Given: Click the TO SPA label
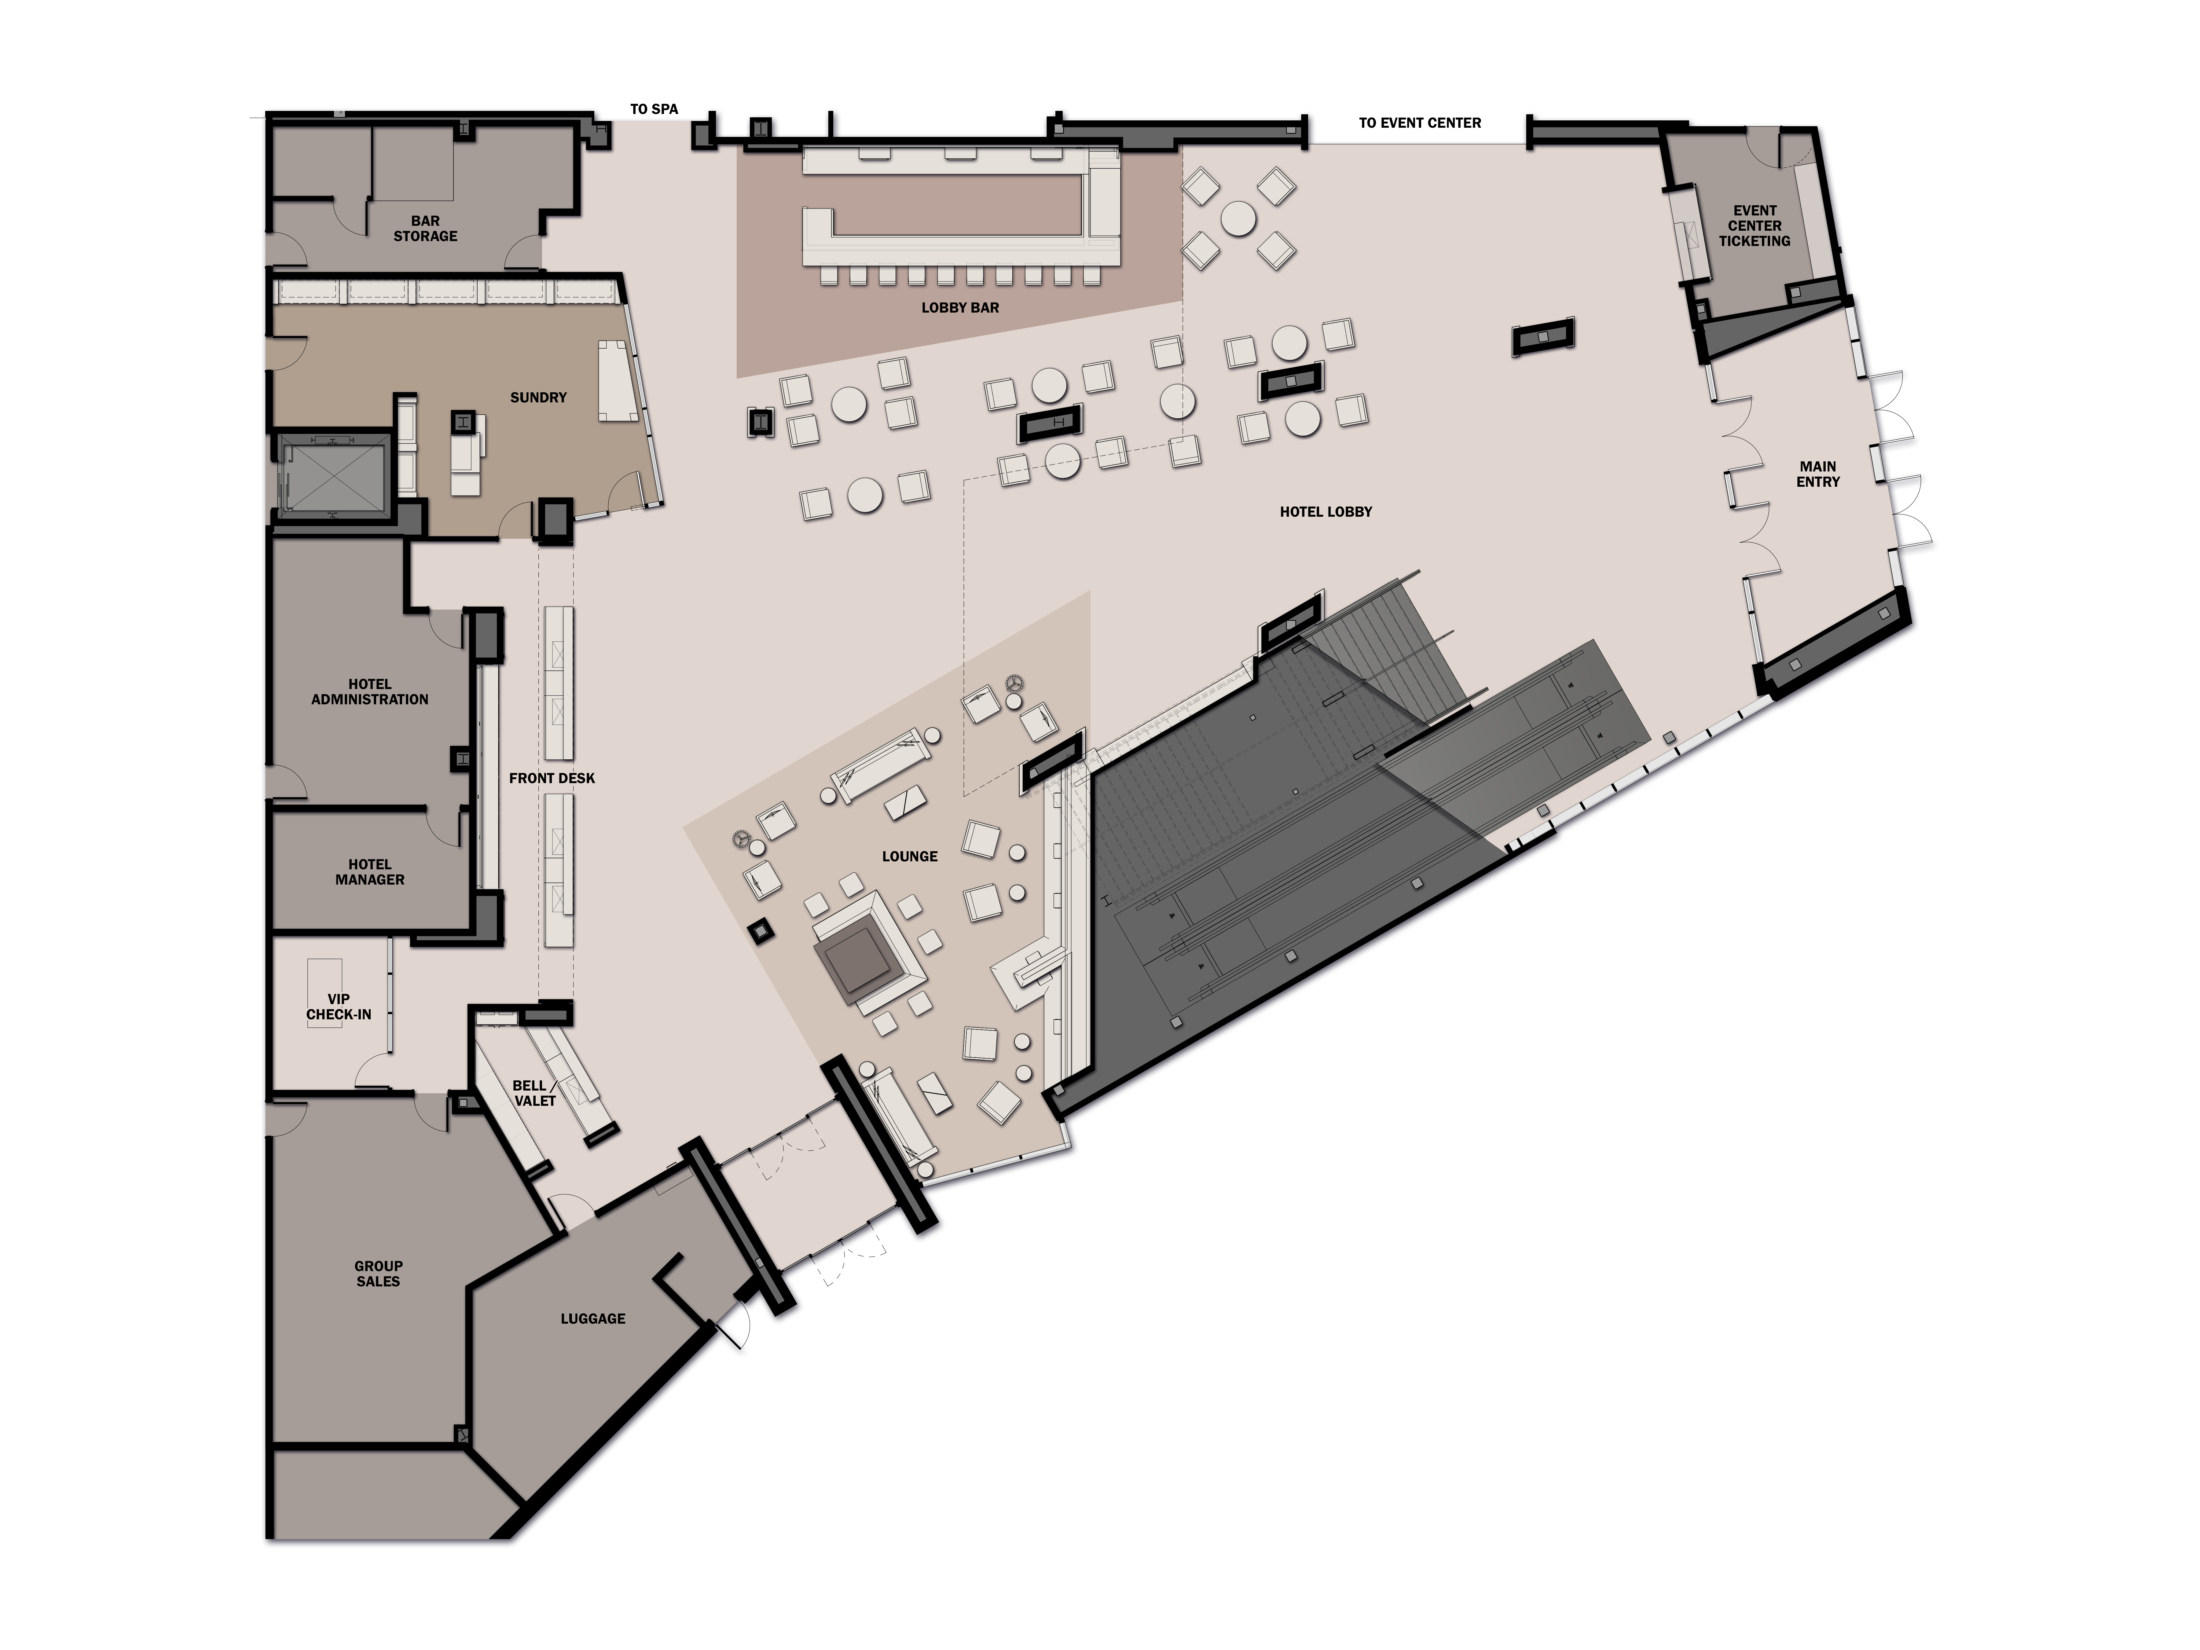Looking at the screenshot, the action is click(654, 109).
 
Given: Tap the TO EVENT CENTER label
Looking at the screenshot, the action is click(1419, 123).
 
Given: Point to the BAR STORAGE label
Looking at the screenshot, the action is click(426, 229).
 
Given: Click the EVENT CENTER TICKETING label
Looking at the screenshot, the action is click(1755, 226).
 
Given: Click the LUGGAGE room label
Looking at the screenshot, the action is click(593, 1319).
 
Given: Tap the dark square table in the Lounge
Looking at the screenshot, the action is click(853, 965).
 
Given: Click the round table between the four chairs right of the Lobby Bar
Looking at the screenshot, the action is click(1238, 219).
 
